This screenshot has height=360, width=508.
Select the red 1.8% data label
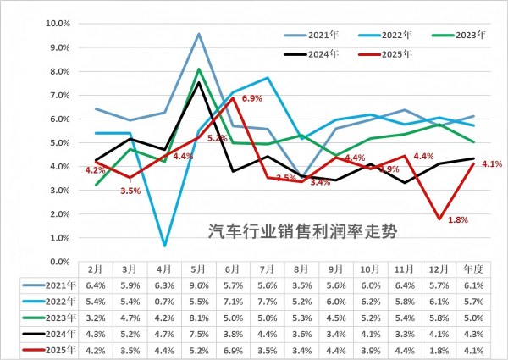(x=457, y=220)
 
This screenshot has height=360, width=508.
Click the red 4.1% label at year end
(x=492, y=164)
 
